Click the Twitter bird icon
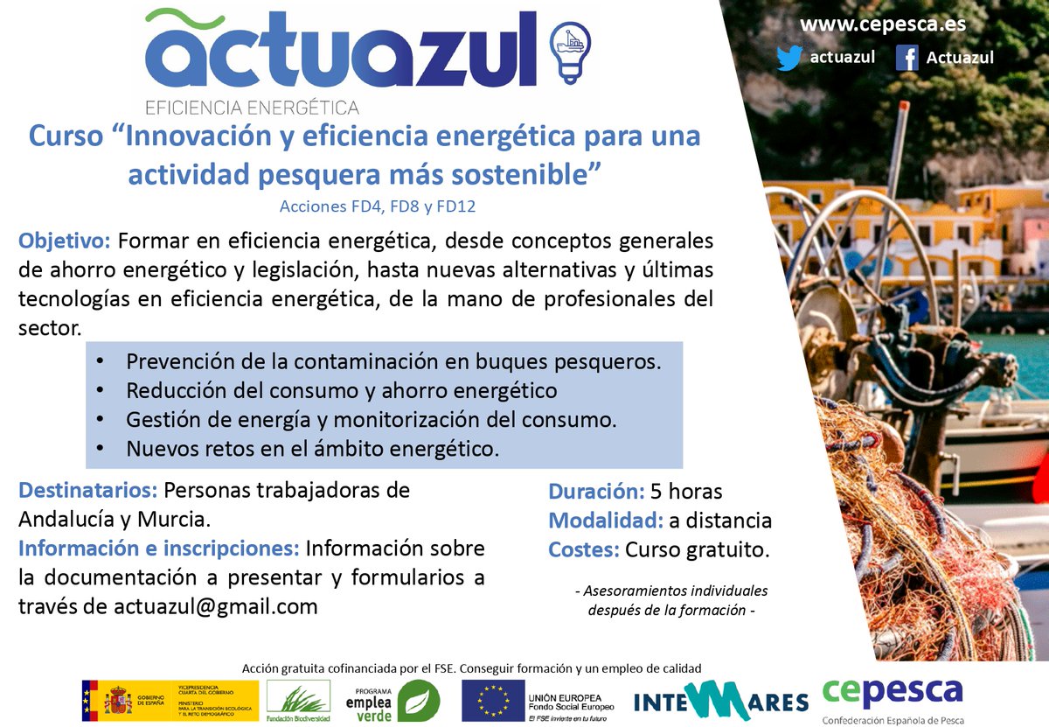pos(789,59)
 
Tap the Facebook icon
pos(907,58)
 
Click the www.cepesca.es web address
pos(883,24)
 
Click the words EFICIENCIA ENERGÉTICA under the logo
pos(252,108)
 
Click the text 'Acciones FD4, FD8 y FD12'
pos(377,206)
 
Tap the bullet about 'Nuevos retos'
pos(312,449)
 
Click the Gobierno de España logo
pos(170,701)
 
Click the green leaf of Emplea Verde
pos(413,701)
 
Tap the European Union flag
pos(491,701)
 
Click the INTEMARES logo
pos(721,701)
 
